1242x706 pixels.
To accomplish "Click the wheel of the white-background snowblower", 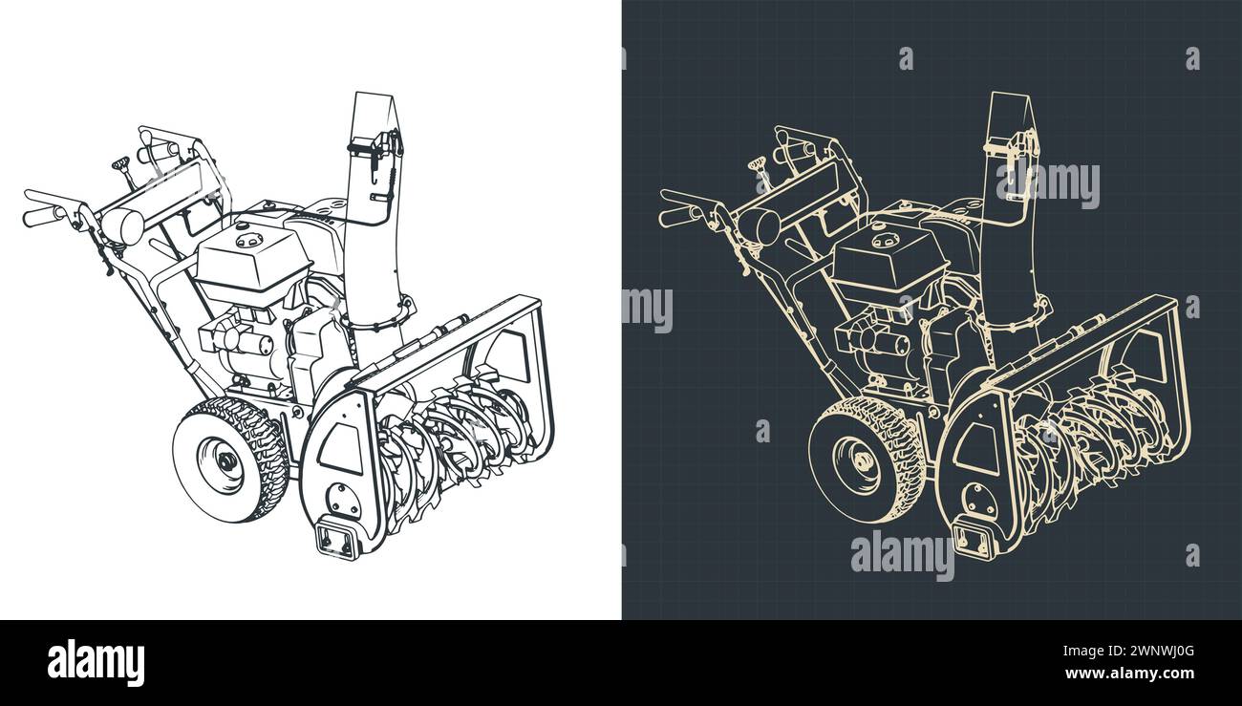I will click(230, 460).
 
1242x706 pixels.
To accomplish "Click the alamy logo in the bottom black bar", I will click(96, 663).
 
